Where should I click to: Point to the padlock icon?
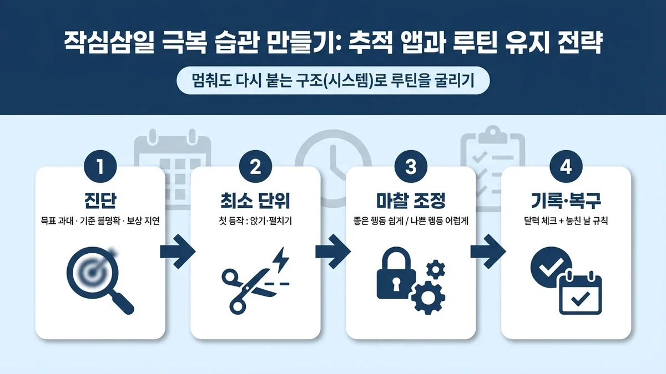[396, 277]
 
